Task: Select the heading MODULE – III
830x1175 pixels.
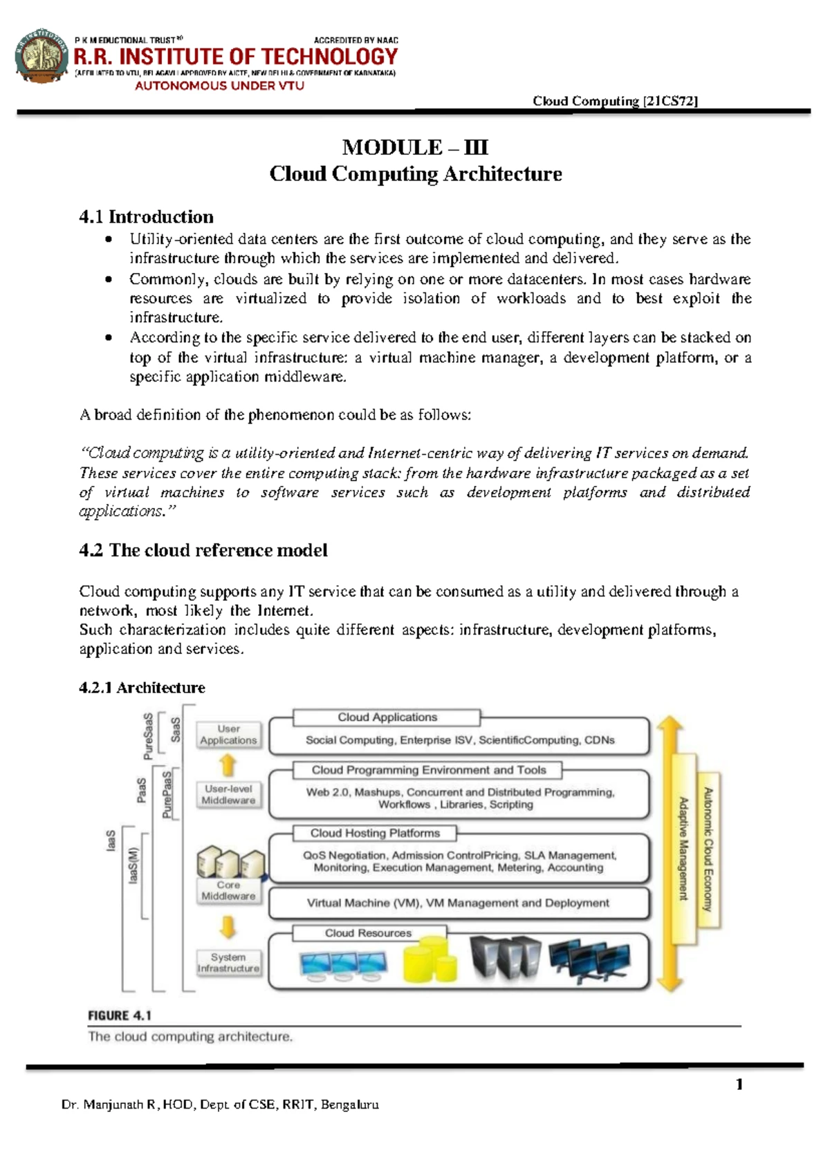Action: click(415, 147)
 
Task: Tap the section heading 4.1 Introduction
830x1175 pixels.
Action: click(146, 217)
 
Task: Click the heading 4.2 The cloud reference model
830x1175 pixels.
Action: click(203, 550)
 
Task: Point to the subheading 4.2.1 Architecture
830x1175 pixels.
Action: click(142, 688)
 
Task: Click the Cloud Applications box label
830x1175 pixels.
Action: click(387, 717)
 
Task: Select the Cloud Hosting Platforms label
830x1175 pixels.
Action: click(374, 833)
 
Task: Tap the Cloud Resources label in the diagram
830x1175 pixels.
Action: click(368, 933)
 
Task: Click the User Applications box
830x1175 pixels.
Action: click(228, 735)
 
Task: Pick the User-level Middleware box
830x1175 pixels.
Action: click(228, 794)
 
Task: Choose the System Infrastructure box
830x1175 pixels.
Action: click(228, 963)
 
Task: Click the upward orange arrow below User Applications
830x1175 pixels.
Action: click(228, 765)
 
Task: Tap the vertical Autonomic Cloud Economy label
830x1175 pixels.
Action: click(708, 849)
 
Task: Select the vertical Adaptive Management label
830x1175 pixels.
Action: click(683, 849)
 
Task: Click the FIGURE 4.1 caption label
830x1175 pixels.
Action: click(120, 1015)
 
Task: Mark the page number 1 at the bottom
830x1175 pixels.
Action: click(739, 1084)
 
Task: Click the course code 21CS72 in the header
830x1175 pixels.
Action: click(670, 101)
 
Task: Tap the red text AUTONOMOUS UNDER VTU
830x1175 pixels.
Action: click(219, 86)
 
